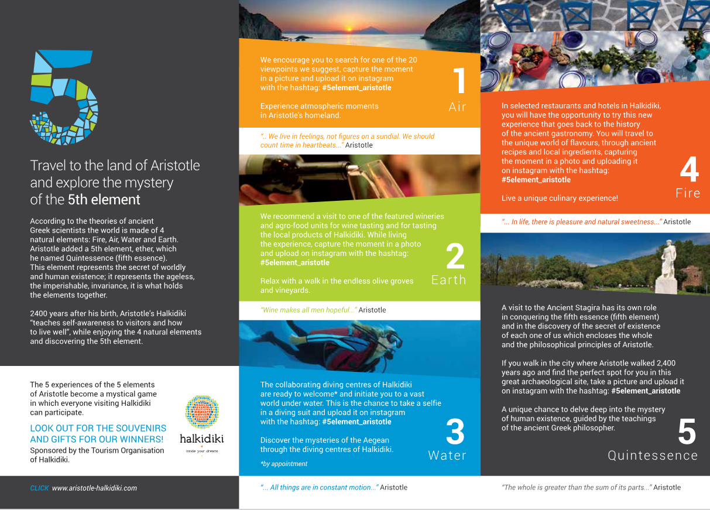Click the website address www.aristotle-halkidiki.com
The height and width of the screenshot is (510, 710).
click(x=94, y=488)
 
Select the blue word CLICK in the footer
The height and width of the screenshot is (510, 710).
click(x=39, y=488)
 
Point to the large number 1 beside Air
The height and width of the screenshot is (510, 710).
click(x=458, y=81)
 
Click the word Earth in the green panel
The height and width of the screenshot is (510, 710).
click(x=449, y=280)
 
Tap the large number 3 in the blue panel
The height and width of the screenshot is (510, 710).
click(x=455, y=432)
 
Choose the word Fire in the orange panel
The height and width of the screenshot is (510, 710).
click(x=688, y=193)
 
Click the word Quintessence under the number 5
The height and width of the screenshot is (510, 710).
click(x=653, y=456)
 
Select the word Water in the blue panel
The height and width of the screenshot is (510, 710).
click(x=447, y=456)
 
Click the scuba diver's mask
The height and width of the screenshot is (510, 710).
click(x=393, y=339)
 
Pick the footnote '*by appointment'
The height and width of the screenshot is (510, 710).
click(x=284, y=464)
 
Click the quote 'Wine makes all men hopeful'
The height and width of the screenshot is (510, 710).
click(x=308, y=310)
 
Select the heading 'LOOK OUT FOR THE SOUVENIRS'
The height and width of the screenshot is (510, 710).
click(x=98, y=428)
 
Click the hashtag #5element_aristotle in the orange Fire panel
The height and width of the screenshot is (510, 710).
click(x=536, y=180)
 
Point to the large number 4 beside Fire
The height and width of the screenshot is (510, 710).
click(x=689, y=170)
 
